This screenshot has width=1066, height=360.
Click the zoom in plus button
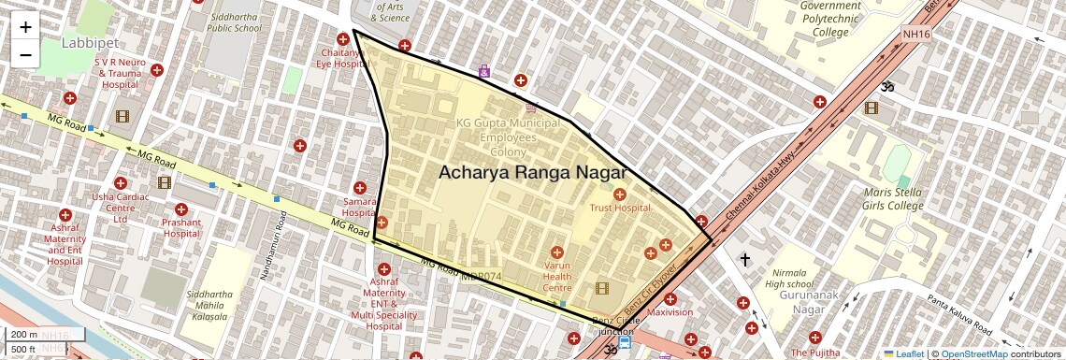coord(25,27)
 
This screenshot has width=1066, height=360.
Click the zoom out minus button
coord(25,55)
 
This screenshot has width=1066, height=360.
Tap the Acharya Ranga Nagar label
coord(531,172)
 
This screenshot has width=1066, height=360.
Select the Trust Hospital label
coord(619,208)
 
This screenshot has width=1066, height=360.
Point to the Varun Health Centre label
coord(557,276)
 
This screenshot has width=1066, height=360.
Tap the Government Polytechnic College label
coord(830,19)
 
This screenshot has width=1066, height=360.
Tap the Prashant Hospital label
coord(181,228)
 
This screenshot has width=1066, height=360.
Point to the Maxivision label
coord(670,312)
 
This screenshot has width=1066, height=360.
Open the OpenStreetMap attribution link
coord(973,353)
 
